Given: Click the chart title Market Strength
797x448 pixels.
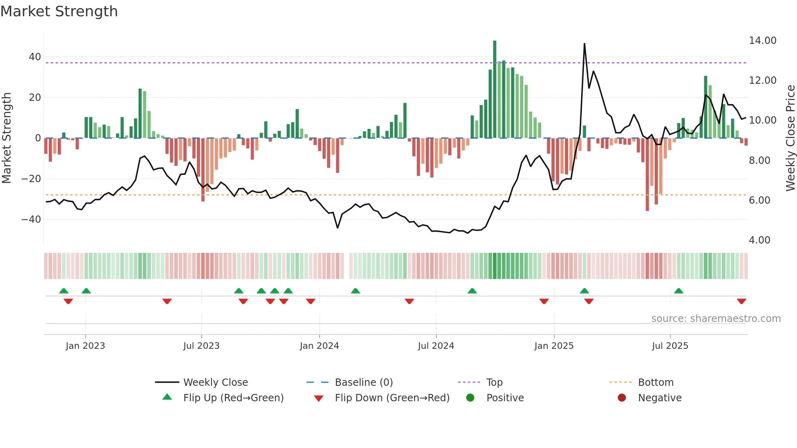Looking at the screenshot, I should tap(59, 11).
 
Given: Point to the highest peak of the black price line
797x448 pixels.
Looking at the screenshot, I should tap(584, 44).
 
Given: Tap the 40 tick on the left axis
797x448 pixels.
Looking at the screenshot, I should tap(35, 57).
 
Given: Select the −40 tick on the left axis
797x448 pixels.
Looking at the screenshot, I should tap(31, 220).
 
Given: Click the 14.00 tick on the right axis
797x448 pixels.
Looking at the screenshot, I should tap(762, 41).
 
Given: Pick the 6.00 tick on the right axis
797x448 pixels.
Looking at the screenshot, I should tap(759, 200).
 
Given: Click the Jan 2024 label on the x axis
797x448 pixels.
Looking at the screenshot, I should tap(319, 346).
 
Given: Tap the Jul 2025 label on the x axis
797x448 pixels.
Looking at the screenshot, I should tap(670, 346).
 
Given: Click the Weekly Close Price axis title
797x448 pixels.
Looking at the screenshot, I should tap(790, 138).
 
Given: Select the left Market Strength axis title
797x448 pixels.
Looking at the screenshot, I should tap(7, 138).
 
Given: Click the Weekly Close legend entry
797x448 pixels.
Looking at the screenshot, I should tap(215, 383).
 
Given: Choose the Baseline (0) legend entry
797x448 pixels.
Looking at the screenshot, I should tap(364, 383).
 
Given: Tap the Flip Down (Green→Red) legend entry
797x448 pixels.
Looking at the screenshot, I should tap(392, 398).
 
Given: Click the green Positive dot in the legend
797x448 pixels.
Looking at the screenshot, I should tap(470, 398).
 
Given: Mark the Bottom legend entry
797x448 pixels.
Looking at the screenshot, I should tap(655, 383).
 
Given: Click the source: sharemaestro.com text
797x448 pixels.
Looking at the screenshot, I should tap(716, 319).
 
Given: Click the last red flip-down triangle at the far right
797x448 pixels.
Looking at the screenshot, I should tap(741, 301).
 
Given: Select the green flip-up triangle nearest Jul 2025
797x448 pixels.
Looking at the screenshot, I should tap(678, 291).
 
